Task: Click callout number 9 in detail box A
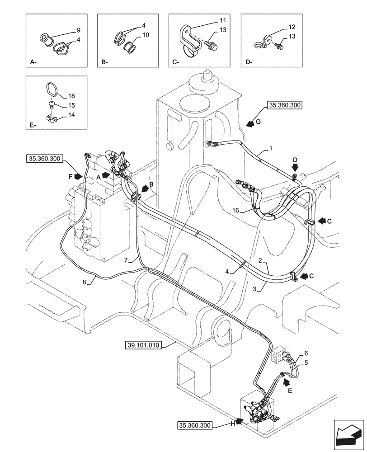click(78, 30)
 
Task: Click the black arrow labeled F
click(77, 174)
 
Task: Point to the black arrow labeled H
click(238, 423)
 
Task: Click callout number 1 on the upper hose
click(271, 148)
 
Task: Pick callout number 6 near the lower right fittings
click(306, 353)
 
